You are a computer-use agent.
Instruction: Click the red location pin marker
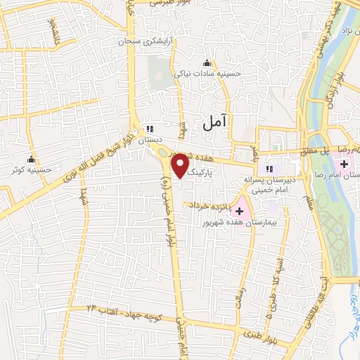point(180,165)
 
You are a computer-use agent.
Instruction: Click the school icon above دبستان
point(150,129)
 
